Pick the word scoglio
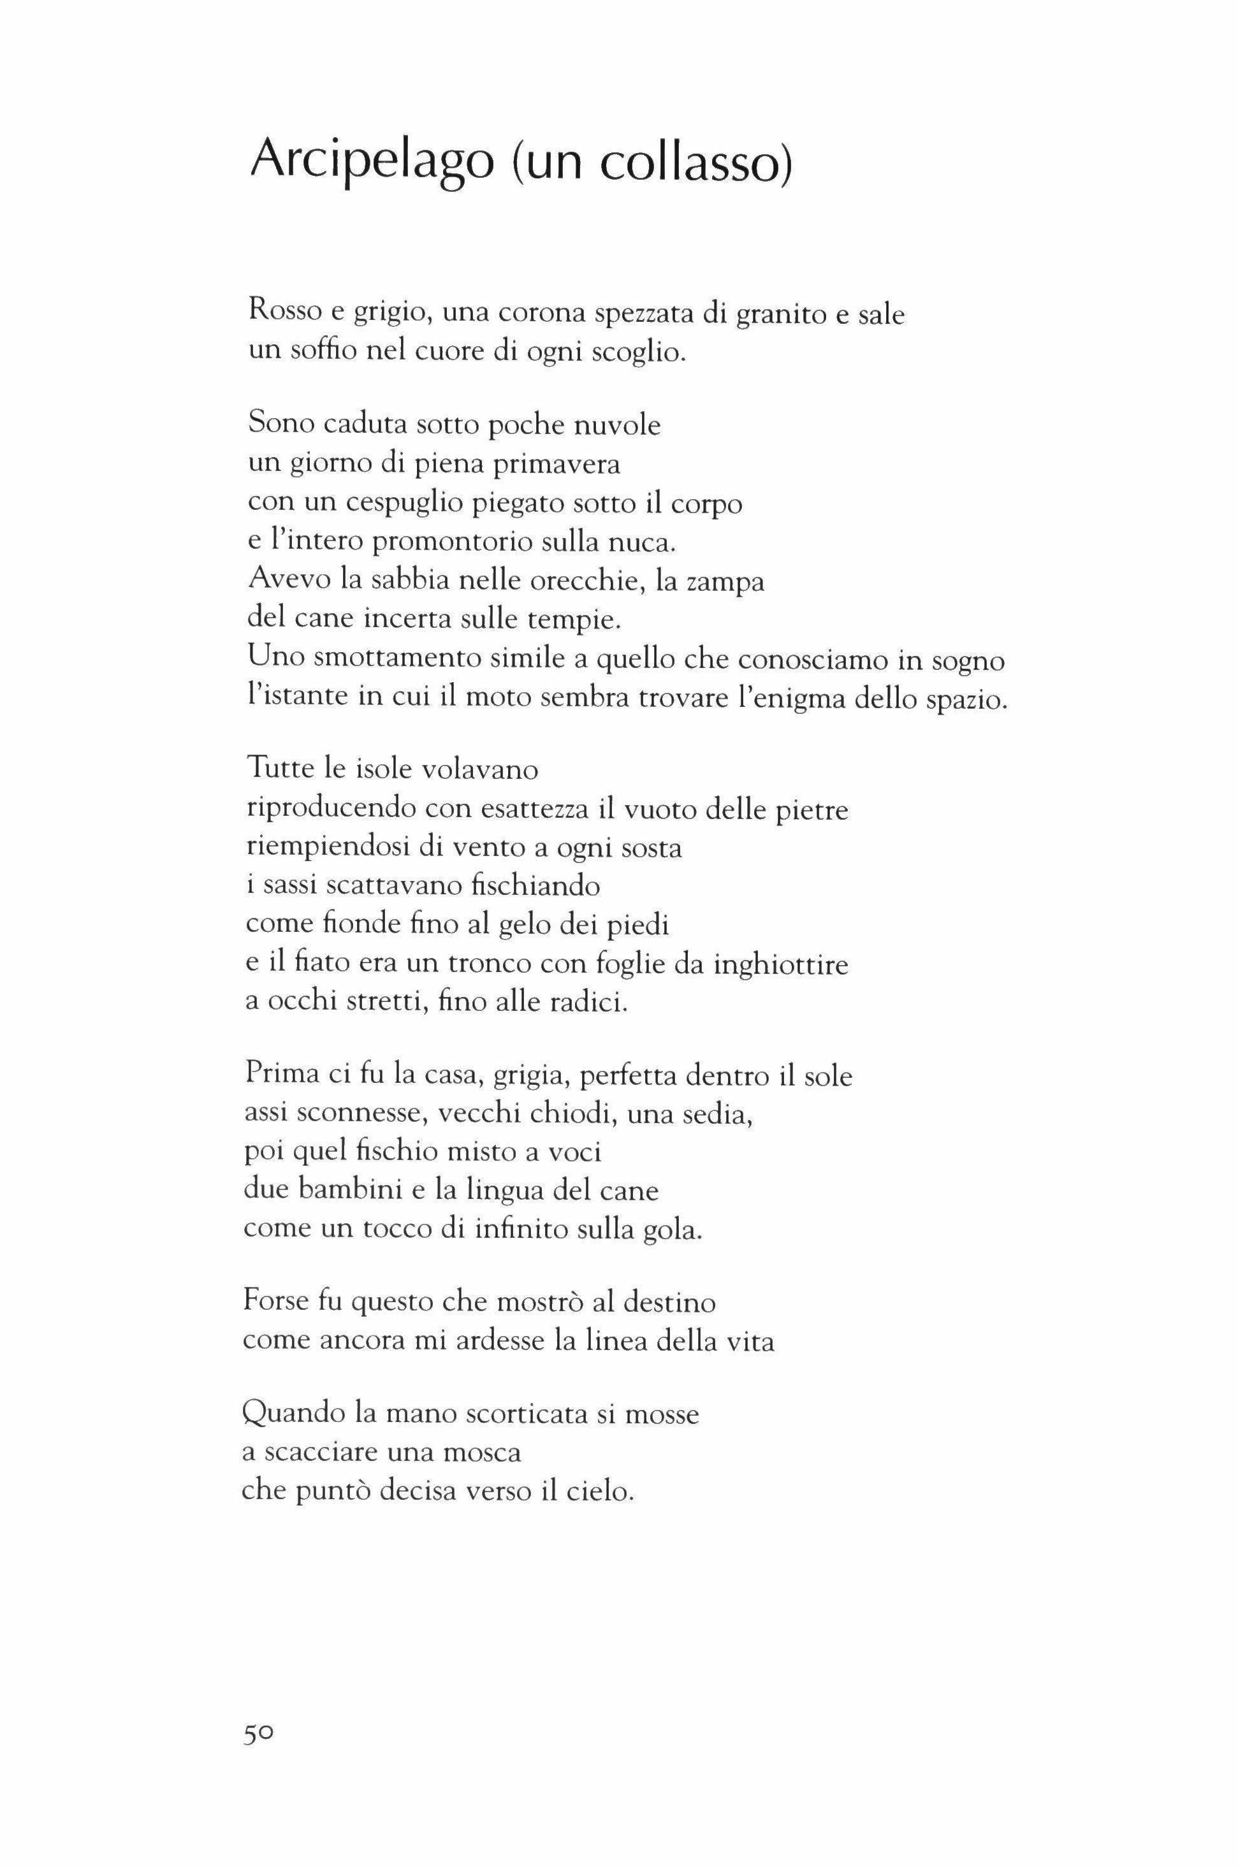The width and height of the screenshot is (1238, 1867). pyautogui.click(x=642, y=352)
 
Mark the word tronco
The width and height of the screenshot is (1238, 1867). pyautogui.click(x=493, y=964)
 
